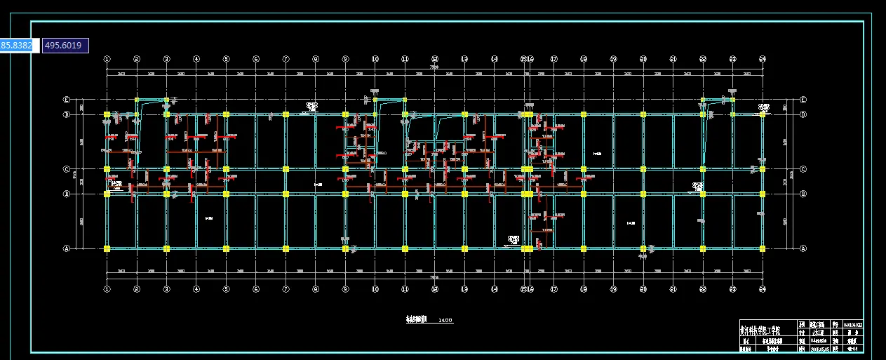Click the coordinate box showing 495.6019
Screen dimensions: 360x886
point(65,46)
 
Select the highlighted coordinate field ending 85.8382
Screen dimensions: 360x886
point(15,46)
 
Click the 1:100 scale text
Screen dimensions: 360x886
point(445,321)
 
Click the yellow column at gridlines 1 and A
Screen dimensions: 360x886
point(107,248)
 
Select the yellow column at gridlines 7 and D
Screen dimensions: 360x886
point(286,114)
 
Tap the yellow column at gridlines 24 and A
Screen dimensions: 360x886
point(763,248)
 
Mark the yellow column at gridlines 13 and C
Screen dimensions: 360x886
point(464,169)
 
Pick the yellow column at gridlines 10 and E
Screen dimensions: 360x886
point(375,100)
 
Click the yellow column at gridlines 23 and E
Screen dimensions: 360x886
point(732,100)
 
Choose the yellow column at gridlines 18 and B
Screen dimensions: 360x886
point(584,194)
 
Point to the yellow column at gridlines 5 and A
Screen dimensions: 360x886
point(226,248)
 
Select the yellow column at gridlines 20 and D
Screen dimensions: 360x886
point(643,114)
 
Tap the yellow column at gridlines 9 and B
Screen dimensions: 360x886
point(345,194)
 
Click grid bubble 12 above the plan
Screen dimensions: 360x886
point(435,60)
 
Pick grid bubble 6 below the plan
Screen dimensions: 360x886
point(256,288)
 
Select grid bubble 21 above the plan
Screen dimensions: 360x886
point(673,60)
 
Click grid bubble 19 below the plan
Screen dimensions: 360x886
point(613,288)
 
